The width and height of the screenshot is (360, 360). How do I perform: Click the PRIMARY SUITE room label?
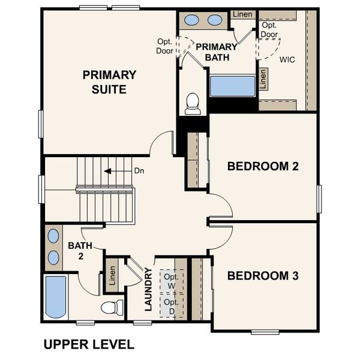coord(109,82)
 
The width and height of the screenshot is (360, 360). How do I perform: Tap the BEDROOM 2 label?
coord(263,166)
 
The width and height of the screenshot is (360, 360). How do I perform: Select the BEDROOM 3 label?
coord(263,275)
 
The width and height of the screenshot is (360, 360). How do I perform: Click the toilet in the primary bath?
coord(193,104)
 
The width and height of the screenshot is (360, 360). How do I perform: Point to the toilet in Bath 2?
coord(112,307)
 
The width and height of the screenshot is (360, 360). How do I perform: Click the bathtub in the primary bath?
coord(233,86)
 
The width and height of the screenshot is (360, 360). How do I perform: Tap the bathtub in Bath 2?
coord(56,297)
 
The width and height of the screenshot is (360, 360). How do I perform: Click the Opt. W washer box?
coord(172,281)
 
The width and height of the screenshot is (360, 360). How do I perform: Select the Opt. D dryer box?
coord(172,306)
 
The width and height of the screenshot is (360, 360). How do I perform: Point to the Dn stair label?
coord(139,171)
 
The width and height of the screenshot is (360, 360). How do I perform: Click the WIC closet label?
coord(287,59)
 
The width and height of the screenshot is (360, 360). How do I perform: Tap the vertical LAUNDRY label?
coord(149,290)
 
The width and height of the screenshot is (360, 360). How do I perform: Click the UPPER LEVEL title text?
coord(89,344)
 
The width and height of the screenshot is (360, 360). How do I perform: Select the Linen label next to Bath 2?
coord(112,275)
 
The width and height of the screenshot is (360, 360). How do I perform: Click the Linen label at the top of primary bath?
coord(242,14)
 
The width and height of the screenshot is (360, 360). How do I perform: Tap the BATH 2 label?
coord(80,251)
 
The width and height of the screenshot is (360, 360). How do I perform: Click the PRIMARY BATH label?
coord(216,52)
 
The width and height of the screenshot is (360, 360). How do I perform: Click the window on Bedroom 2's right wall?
coord(319,199)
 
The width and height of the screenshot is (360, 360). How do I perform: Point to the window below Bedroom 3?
coord(265,332)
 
